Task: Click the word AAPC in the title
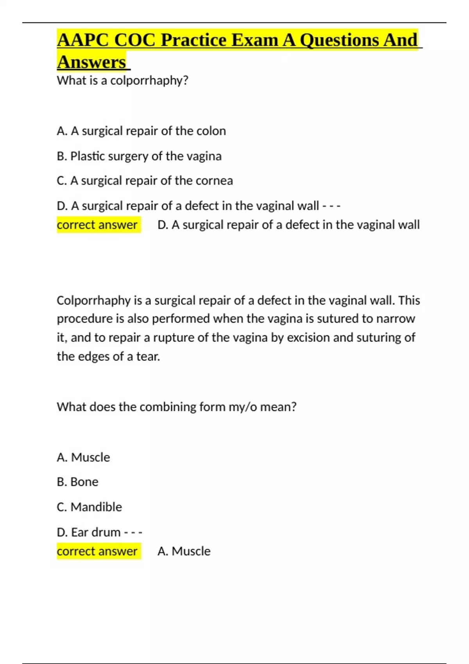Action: tap(82, 40)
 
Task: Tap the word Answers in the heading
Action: tap(91, 62)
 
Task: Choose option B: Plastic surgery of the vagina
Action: tap(139, 156)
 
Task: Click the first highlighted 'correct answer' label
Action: tap(97, 225)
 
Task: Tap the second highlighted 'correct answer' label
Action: tap(97, 551)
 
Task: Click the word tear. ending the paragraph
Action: tap(148, 356)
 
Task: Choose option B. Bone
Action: tap(77, 482)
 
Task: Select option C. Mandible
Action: tap(90, 507)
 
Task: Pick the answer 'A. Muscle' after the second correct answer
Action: tap(184, 551)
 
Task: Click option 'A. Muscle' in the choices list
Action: tap(83, 457)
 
